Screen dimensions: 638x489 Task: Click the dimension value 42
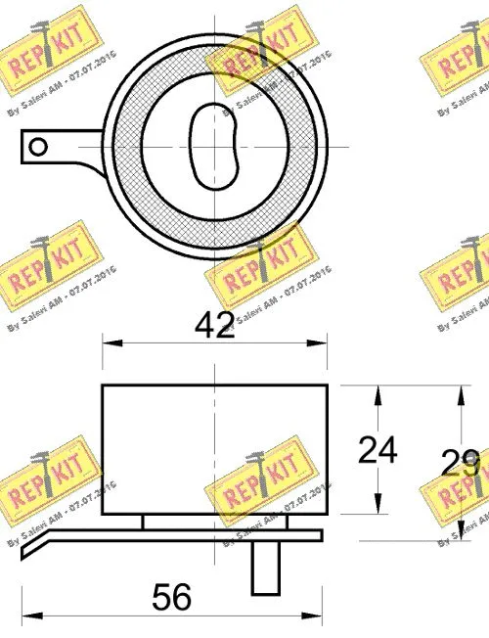pos(215,325)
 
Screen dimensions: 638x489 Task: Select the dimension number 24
pos(378,450)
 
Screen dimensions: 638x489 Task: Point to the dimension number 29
pos(460,462)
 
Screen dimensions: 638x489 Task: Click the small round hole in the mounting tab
pos(38,147)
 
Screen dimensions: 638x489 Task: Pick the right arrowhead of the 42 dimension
pos(322,342)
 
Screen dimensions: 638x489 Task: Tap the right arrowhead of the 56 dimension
pos(320,615)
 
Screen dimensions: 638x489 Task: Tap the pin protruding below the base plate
pos(263,568)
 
